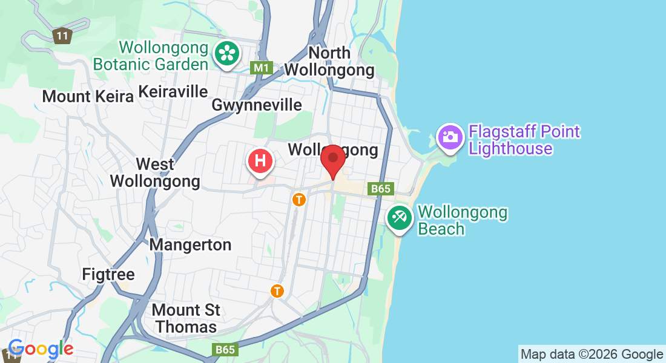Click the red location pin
coord(332,159)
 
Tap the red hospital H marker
coord(260,162)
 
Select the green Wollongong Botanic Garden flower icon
coord(226,53)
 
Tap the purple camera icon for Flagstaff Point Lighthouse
coord(450,137)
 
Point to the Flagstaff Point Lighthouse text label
coord(524,140)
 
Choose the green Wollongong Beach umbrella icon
coord(399,217)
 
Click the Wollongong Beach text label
coord(463,221)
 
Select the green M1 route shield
coord(262,68)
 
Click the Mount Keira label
coord(88,96)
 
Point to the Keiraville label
coord(173,91)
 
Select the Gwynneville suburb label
coord(257,105)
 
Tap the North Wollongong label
coord(329,61)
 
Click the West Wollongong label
coord(155,172)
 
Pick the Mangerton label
coord(190,245)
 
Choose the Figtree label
coord(108,275)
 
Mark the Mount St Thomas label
coord(185,318)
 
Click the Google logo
coord(41,348)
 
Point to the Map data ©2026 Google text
coord(592,355)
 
